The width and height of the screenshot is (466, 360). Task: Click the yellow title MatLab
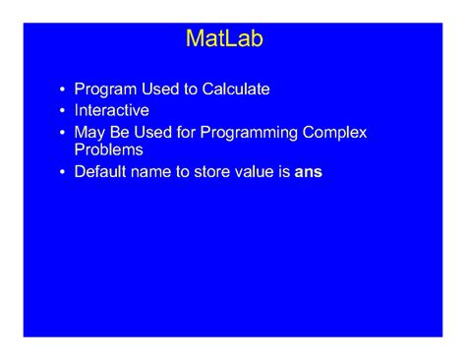click(224, 39)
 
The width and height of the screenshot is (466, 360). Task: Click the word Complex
click(345, 132)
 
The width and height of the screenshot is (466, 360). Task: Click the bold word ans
click(308, 172)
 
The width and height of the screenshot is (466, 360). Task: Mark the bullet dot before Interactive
click(62, 111)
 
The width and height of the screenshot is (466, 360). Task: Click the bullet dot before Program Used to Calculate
click(62, 90)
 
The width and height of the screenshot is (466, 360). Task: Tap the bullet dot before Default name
click(62, 173)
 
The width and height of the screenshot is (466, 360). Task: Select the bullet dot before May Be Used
click(62, 133)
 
